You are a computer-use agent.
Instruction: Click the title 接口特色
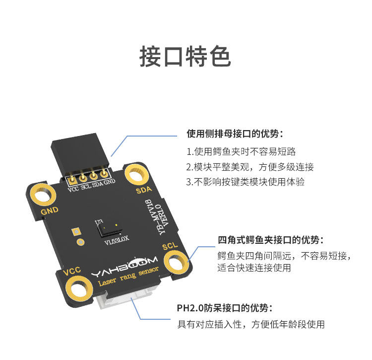tap(185, 56)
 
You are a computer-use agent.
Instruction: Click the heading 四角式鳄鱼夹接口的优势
tap(270, 240)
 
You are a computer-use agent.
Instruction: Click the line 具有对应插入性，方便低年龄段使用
tap(251, 325)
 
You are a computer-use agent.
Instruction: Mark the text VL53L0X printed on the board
tap(117, 244)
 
